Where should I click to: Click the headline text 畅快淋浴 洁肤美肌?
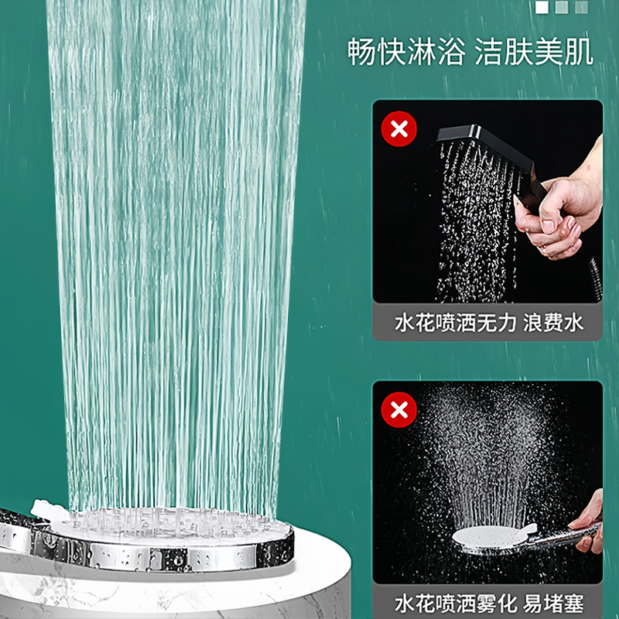[470, 53]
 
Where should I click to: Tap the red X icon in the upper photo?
[399, 129]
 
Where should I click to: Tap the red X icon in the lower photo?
[399, 409]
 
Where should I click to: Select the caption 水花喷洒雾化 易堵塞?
[488, 602]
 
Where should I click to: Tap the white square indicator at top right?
[542, 7]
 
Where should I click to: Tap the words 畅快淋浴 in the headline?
[405, 53]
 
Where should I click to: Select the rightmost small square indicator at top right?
[581, 7]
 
